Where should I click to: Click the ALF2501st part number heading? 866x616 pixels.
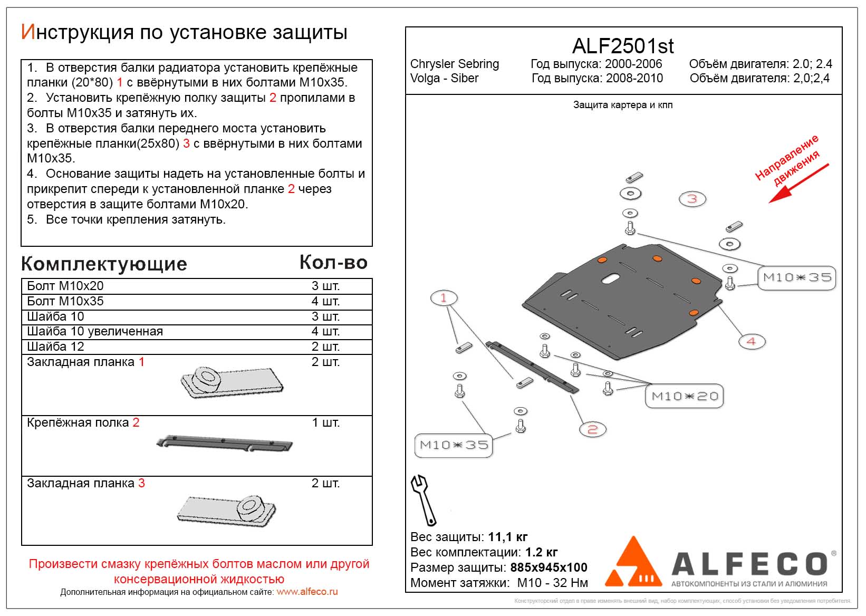tap(623, 46)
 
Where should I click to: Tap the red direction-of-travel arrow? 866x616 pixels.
tap(798, 183)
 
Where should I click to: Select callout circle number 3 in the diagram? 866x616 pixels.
tap(692, 199)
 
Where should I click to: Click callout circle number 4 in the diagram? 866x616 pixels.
tap(751, 342)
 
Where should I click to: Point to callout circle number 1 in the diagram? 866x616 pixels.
tap(444, 298)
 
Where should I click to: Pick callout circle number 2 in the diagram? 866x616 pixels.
tap(592, 429)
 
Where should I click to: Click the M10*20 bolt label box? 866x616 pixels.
tap(685, 396)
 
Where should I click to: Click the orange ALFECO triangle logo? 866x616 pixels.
tap(633, 563)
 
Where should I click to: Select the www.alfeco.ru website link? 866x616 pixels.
tap(307, 592)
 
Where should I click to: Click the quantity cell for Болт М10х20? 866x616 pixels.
tap(325, 286)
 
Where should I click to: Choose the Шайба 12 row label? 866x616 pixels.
tap(55, 346)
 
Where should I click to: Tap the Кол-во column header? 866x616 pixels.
tap(333, 263)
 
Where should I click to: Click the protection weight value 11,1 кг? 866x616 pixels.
tap(508, 537)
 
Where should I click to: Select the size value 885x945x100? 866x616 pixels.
tap(549, 567)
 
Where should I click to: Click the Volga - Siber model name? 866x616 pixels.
tap(444, 78)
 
